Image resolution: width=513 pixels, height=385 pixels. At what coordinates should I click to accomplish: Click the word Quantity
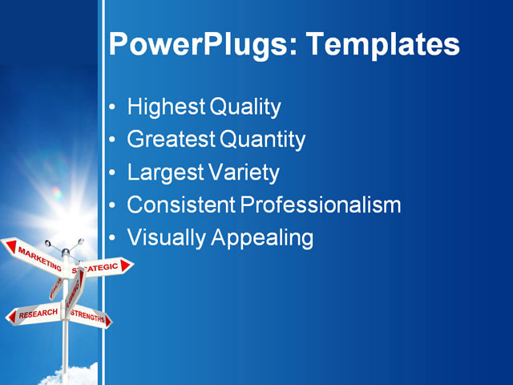(263, 140)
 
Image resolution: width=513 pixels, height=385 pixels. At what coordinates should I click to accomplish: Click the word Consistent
(181, 205)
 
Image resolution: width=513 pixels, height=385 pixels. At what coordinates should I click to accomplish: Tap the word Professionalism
(321, 205)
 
